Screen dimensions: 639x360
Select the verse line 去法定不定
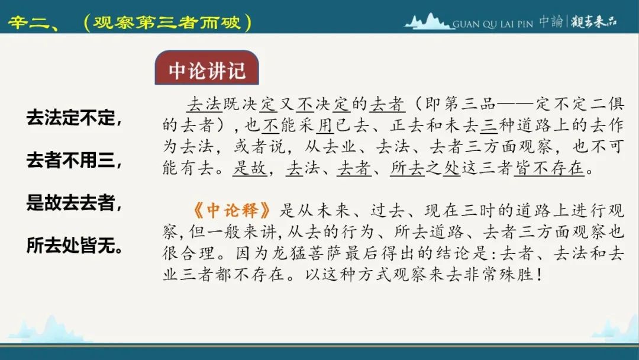pyautogui.click(x=74, y=117)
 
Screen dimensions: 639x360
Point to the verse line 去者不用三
pyautogui.click(x=74, y=160)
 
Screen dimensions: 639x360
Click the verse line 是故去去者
pyautogui.click(x=74, y=202)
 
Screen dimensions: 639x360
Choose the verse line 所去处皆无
pyautogui.click(x=75, y=246)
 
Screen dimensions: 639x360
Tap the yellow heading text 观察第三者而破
pyautogui.click(x=167, y=22)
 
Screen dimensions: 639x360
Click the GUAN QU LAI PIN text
pyautogui.click(x=493, y=24)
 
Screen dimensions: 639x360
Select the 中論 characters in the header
pyautogui.click(x=551, y=21)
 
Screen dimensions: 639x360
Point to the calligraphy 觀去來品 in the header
pyautogui.click(x=594, y=21)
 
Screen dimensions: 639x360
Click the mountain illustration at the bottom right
pyautogui.click(x=615, y=331)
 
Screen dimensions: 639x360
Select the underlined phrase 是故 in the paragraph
pyautogui.click(x=250, y=168)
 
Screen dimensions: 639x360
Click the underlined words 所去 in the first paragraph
pyautogui.click(x=408, y=168)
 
